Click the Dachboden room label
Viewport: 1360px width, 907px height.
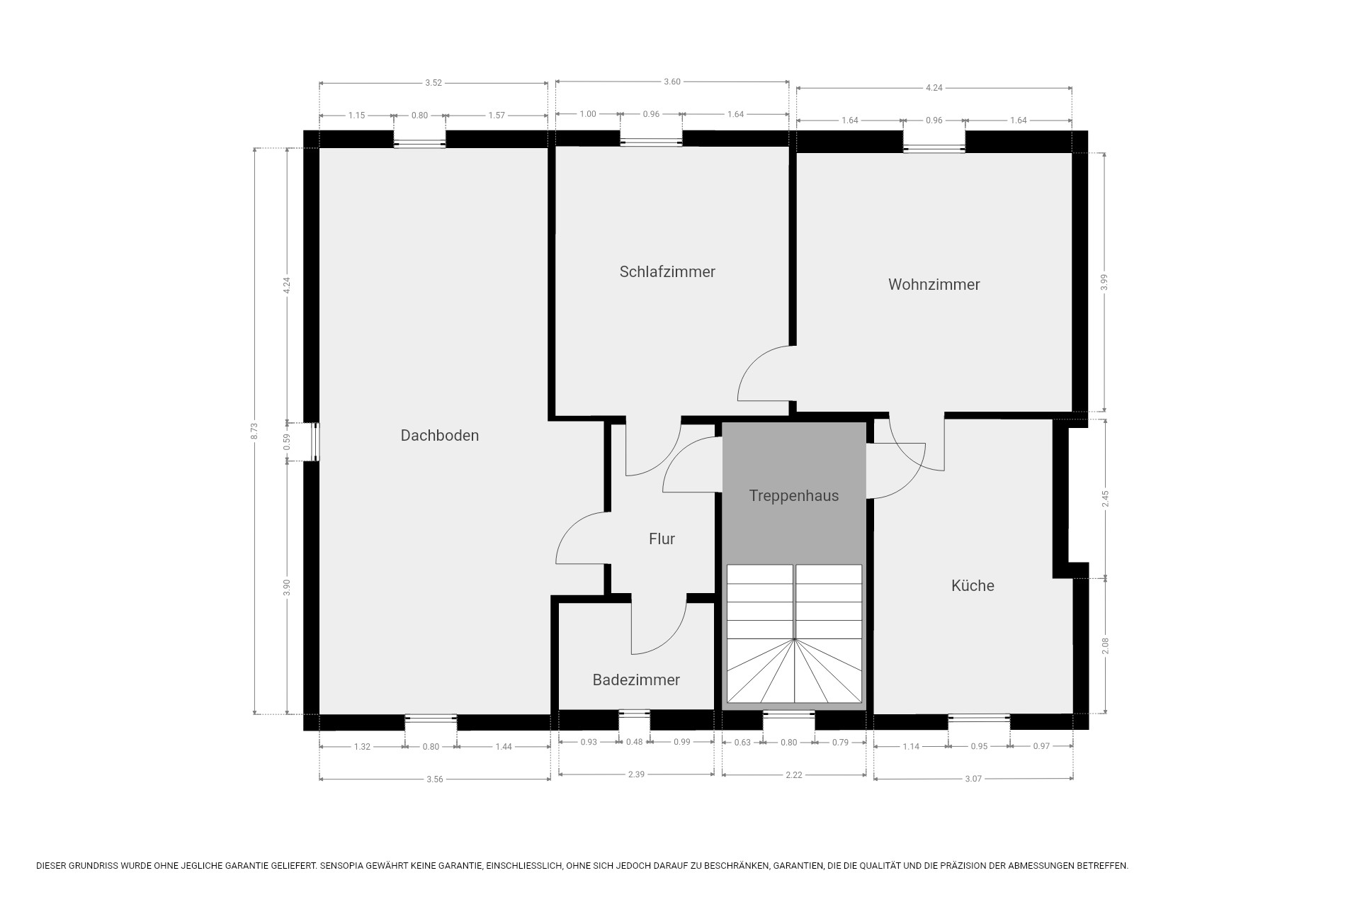click(439, 435)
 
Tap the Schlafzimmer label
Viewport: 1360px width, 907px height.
click(667, 271)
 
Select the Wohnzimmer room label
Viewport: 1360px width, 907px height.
click(934, 284)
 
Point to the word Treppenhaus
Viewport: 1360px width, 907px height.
click(793, 495)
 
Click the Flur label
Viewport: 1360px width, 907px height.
click(662, 539)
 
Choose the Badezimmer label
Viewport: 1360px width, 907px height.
click(636, 680)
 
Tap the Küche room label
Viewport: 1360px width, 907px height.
click(973, 585)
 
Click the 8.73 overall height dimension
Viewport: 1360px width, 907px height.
click(254, 431)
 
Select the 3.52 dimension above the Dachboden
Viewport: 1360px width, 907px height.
click(433, 83)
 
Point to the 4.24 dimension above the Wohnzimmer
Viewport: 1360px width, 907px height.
click(934, 88)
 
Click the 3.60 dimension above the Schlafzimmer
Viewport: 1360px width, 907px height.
click(672, 81)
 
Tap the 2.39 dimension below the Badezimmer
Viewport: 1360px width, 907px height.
click(636, 774)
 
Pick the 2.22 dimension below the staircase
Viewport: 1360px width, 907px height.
click(794, 775)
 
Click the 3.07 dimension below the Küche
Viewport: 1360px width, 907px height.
click(973, 779)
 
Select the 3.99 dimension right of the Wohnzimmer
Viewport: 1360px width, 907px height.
click(1104, 282)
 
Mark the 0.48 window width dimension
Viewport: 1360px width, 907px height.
click(635, 742)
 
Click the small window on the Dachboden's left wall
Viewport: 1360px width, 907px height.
click(312, 442)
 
